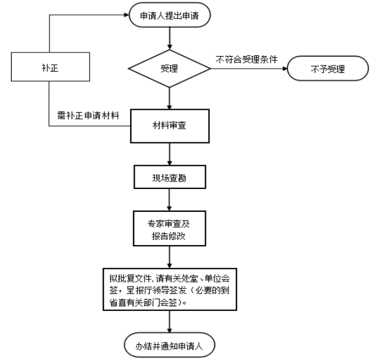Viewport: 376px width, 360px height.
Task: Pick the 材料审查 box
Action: [169, 125]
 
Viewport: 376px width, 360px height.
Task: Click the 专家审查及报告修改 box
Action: [169, 227]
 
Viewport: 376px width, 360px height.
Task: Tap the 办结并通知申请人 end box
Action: [170, 344]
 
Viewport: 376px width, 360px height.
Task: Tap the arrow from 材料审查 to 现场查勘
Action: [169, 154]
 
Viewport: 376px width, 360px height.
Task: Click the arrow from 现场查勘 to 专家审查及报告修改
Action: [169, 199]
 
